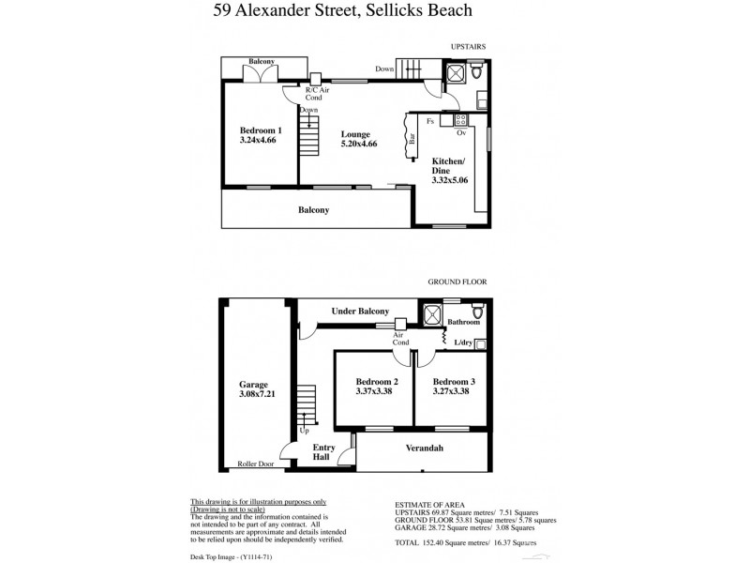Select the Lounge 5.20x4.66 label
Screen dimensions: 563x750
(x=359, y=139)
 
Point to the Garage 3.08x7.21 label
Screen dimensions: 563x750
(x=253, y=389)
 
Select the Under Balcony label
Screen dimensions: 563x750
(x=360, y=311)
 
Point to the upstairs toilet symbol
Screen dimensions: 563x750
(x=477, y=72)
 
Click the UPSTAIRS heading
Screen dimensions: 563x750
(x=466, y=45)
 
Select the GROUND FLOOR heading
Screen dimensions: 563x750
(x=458, y=280)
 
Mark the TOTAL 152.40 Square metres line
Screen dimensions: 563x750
(x=466, y=542)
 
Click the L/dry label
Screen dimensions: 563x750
(x=463, y=343)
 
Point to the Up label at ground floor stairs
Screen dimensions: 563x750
(x=304, y=432)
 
